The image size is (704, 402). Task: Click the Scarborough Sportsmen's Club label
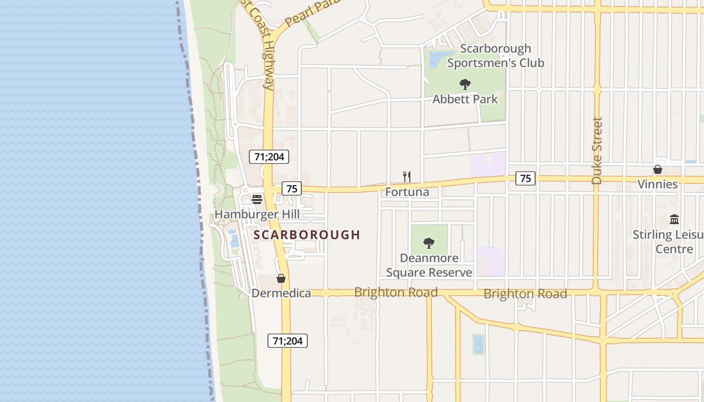(x=495, y=56)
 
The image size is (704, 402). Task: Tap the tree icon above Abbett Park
(x=465, y=84)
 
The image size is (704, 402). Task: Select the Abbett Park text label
(x=465, y=99)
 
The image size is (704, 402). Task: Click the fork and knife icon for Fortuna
(x=407, y=177)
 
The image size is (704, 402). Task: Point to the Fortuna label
(x=407, y=192)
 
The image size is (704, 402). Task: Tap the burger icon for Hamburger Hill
(x=257, y=199)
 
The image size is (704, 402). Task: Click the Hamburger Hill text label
(x=257, y=215)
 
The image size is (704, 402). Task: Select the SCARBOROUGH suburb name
(x=307, y=235)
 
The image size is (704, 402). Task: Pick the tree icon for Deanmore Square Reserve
(x=429, y=244)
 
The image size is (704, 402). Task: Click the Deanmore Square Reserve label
(x=429, y=265)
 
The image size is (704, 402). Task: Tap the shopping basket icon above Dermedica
(x=281, y=278)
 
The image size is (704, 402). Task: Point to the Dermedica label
(x=281, y=293)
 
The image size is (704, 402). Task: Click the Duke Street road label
(x=597, y=151)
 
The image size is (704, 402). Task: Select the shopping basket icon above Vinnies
(x=657, y=169)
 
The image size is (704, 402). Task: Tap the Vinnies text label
(x=657, y=184)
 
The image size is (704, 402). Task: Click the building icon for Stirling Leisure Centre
(x=674, y=220)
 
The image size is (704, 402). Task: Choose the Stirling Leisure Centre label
(x=669, y=242)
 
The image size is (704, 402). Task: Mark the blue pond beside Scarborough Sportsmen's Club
(x=435, y=59)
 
